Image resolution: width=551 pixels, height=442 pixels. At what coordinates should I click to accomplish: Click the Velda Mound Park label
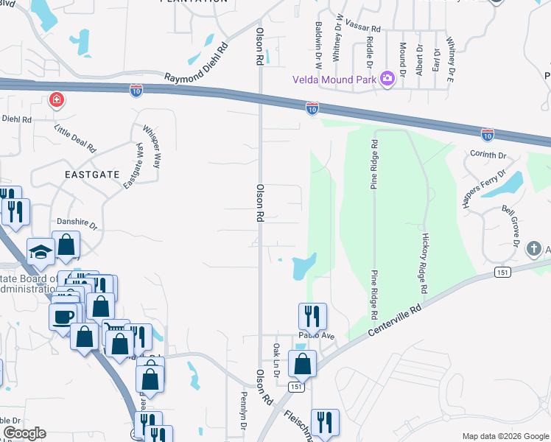click(x=334, y=79)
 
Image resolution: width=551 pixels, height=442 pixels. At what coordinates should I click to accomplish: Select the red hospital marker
click(x=56, y=100)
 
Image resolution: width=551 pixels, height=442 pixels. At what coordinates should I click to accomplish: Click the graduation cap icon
click(x=41, y=252)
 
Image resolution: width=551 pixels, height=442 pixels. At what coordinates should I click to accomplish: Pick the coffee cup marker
click(x=62, y=318)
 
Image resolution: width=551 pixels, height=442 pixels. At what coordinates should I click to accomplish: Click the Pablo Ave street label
click(x=316, y=336)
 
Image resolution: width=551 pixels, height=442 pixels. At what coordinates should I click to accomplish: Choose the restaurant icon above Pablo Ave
click(x=312, y=316)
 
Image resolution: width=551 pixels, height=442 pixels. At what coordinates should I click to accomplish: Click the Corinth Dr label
click(x=488, y=155)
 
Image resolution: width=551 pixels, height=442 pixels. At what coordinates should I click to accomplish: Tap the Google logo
click(x=24, y=433)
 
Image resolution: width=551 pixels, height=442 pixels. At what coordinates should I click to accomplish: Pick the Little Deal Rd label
click(x=76, y=138)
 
